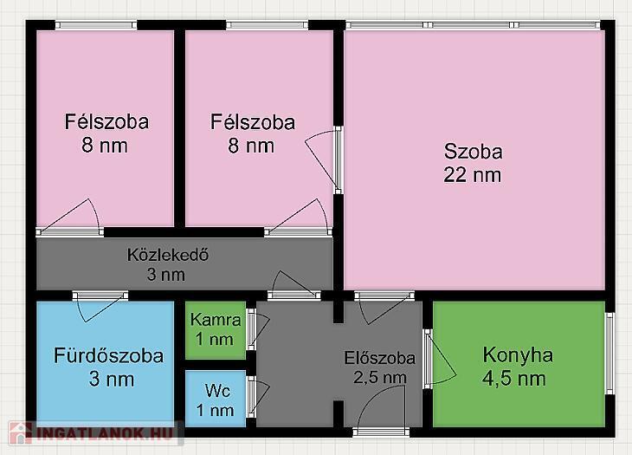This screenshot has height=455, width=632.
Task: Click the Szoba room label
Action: [474, 152]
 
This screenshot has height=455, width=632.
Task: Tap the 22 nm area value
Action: [473, 175]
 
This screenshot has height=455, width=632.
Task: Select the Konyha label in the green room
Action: [518, 356]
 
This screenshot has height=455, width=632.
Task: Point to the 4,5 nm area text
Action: [514, 380]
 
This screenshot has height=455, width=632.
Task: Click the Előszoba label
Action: [380, 358]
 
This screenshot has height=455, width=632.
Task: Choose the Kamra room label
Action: [216, 320]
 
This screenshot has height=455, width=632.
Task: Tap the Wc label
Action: [217, 391]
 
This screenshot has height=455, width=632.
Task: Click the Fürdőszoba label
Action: [109, 356]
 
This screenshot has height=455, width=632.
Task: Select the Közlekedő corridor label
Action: [168, 255]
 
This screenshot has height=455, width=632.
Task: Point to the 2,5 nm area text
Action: [380, 378]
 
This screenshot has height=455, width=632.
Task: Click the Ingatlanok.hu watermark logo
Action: [93, 433]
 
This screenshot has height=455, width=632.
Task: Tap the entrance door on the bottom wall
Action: [381, 432]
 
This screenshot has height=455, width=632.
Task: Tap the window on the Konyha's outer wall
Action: [610, 354]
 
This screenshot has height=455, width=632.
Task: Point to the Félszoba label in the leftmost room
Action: [106, 122]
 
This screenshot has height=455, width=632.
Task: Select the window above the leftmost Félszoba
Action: [96, 25]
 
